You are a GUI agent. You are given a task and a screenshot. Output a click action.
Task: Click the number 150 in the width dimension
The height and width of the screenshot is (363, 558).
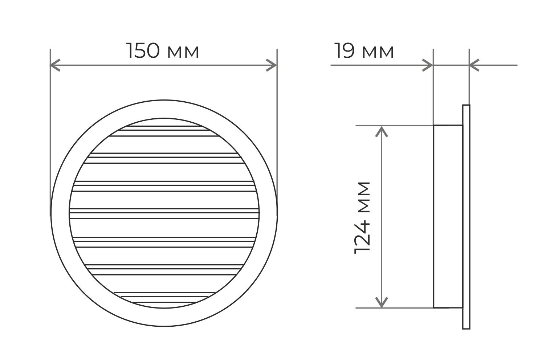click(143, 51)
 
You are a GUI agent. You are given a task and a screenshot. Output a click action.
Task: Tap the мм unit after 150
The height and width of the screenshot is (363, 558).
click(183, 52)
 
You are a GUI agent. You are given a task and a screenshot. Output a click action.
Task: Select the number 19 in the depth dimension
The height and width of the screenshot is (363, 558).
click(345, 51)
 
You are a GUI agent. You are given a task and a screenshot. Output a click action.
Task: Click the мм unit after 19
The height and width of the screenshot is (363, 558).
click(378, 52)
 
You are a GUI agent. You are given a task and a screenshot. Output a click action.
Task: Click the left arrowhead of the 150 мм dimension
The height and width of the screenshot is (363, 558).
click(55, 65)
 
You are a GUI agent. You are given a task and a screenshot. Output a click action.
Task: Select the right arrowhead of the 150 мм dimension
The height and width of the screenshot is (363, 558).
click(271, 65)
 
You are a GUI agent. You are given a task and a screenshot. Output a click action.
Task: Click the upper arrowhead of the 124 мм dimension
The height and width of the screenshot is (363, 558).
click(382, 132)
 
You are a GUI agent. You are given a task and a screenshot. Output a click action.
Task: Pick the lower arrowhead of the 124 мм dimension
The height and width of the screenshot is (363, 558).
click(382, 302)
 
